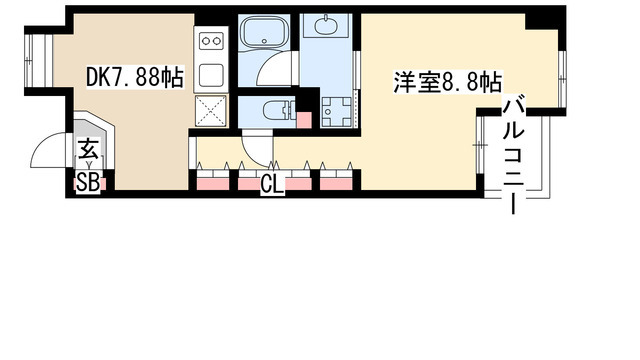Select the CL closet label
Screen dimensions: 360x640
click(x=271, y=185)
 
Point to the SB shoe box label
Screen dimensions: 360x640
click(x=88, y=183)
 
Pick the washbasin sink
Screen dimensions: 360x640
click(x=328, y=27)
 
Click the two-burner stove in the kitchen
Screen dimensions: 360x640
click(x=211, y=42)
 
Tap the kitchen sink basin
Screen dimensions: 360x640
click(x=211, y=74)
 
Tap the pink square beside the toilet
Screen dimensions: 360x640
click(x=304, y=118)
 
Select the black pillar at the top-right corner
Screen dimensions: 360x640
click(x=545, y=17)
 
